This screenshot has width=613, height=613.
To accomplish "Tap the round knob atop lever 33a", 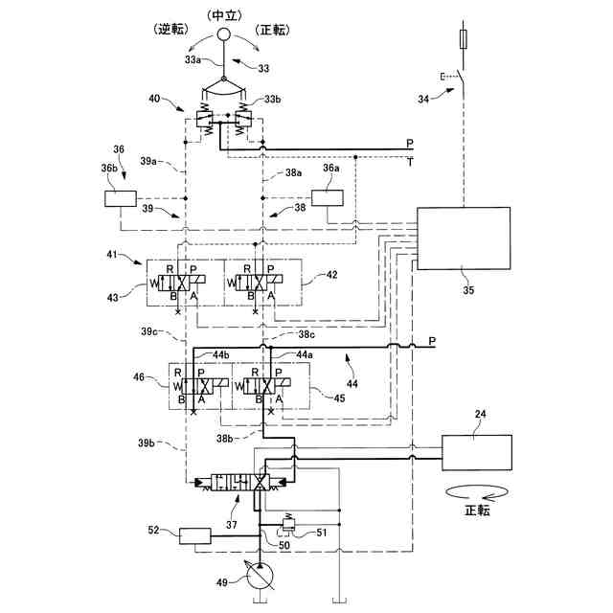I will pos(223,36).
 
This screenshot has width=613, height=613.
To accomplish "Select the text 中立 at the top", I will pos(222,13).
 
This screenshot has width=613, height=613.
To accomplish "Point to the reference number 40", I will pos(154,99).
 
